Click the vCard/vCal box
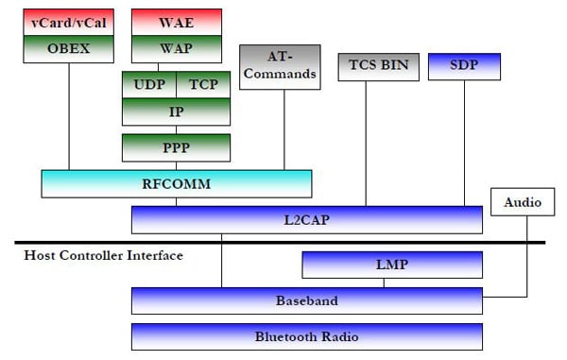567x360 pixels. point(68,22)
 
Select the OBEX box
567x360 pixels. point(68,48)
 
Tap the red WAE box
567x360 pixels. point(177,22)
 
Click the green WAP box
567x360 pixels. point(177,48)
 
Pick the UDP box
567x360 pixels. point(149,84)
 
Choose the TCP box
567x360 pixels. point(203,84)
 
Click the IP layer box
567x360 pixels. point(176,111)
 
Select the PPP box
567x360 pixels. point(176,147)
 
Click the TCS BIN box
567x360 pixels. point(365,67)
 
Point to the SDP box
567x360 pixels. point(464,66)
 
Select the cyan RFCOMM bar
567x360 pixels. point(177,184)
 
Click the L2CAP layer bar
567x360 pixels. point(307,219)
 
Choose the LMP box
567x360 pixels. point(391,265)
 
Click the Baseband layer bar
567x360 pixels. point(307,300)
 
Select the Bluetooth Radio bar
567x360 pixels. point(307,336)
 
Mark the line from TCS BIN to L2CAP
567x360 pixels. point(365,142)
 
